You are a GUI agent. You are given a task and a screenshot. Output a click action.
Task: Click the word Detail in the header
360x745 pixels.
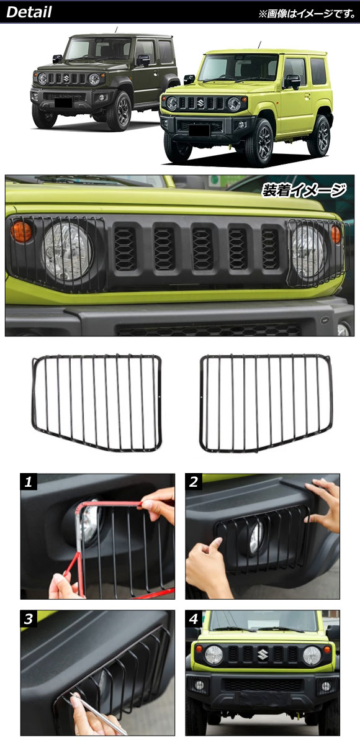point(29,12)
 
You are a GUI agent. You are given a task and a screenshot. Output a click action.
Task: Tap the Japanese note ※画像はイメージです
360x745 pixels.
point(307,14)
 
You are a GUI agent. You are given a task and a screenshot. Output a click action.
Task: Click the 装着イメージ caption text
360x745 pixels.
point(304,191)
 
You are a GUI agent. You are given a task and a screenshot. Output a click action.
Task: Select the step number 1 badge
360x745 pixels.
point(29,482)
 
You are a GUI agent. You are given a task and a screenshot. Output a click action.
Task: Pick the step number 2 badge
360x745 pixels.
point(194,482)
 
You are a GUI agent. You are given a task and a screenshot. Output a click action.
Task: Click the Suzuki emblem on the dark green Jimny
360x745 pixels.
point(66,79)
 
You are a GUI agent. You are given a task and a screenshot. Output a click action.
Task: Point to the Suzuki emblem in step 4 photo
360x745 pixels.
point(263,654)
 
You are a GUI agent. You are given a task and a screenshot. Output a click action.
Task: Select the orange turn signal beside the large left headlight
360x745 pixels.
point(22,231)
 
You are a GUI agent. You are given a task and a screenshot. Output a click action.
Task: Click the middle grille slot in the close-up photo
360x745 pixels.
point(202,248)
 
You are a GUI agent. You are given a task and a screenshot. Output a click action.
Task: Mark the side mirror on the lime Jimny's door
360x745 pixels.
point(292,82)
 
